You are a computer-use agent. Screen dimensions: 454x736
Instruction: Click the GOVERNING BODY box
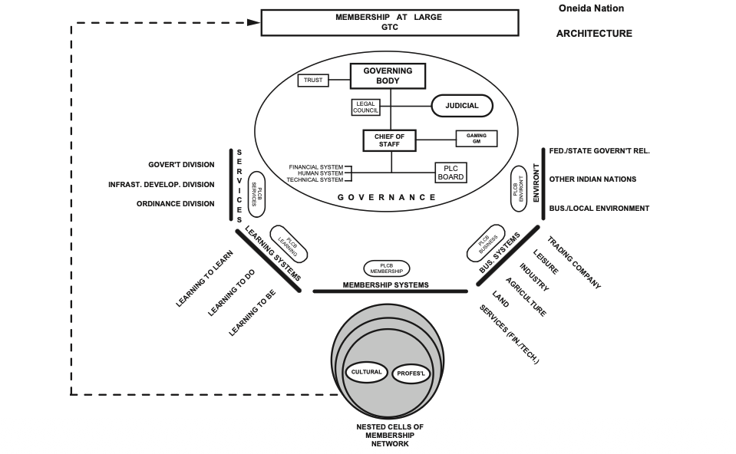(388, 76)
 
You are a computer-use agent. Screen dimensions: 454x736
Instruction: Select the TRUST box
(313, 80)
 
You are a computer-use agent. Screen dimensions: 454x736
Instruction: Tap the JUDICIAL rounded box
(462, 106)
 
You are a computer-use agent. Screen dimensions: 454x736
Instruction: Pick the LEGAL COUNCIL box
(366, 107)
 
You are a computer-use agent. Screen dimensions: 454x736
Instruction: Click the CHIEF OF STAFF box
(388, 140)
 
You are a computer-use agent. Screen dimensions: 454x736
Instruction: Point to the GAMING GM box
(476, 139)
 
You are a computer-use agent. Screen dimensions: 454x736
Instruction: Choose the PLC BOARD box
(451, 173)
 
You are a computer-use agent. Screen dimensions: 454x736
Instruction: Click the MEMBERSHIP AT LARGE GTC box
(388, 22)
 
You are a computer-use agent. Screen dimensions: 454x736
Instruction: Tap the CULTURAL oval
(366, 373)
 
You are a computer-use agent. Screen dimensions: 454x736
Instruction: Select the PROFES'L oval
(412, 374)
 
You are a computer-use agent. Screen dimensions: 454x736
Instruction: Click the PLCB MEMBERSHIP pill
(386, 268)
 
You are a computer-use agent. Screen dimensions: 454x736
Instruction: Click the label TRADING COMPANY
(573, 263)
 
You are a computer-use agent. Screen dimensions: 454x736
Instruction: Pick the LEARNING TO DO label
(231, 292)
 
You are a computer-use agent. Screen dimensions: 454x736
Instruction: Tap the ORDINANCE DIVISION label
(176, 204)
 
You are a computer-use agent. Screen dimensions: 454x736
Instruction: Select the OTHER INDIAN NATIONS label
(592, 179)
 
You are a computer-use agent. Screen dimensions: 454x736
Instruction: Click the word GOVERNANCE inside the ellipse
(387, 197)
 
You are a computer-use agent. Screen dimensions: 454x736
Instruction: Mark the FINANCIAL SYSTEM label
(315, 167)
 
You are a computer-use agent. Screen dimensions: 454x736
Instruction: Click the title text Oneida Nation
(591, 8)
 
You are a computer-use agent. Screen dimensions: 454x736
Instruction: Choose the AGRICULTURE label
(526, 297)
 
